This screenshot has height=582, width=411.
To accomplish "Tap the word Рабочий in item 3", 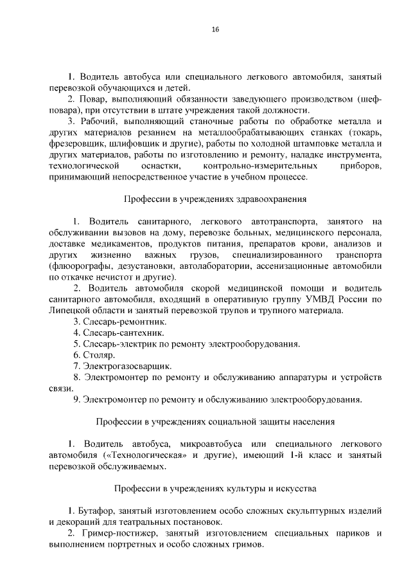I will point(101,122).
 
